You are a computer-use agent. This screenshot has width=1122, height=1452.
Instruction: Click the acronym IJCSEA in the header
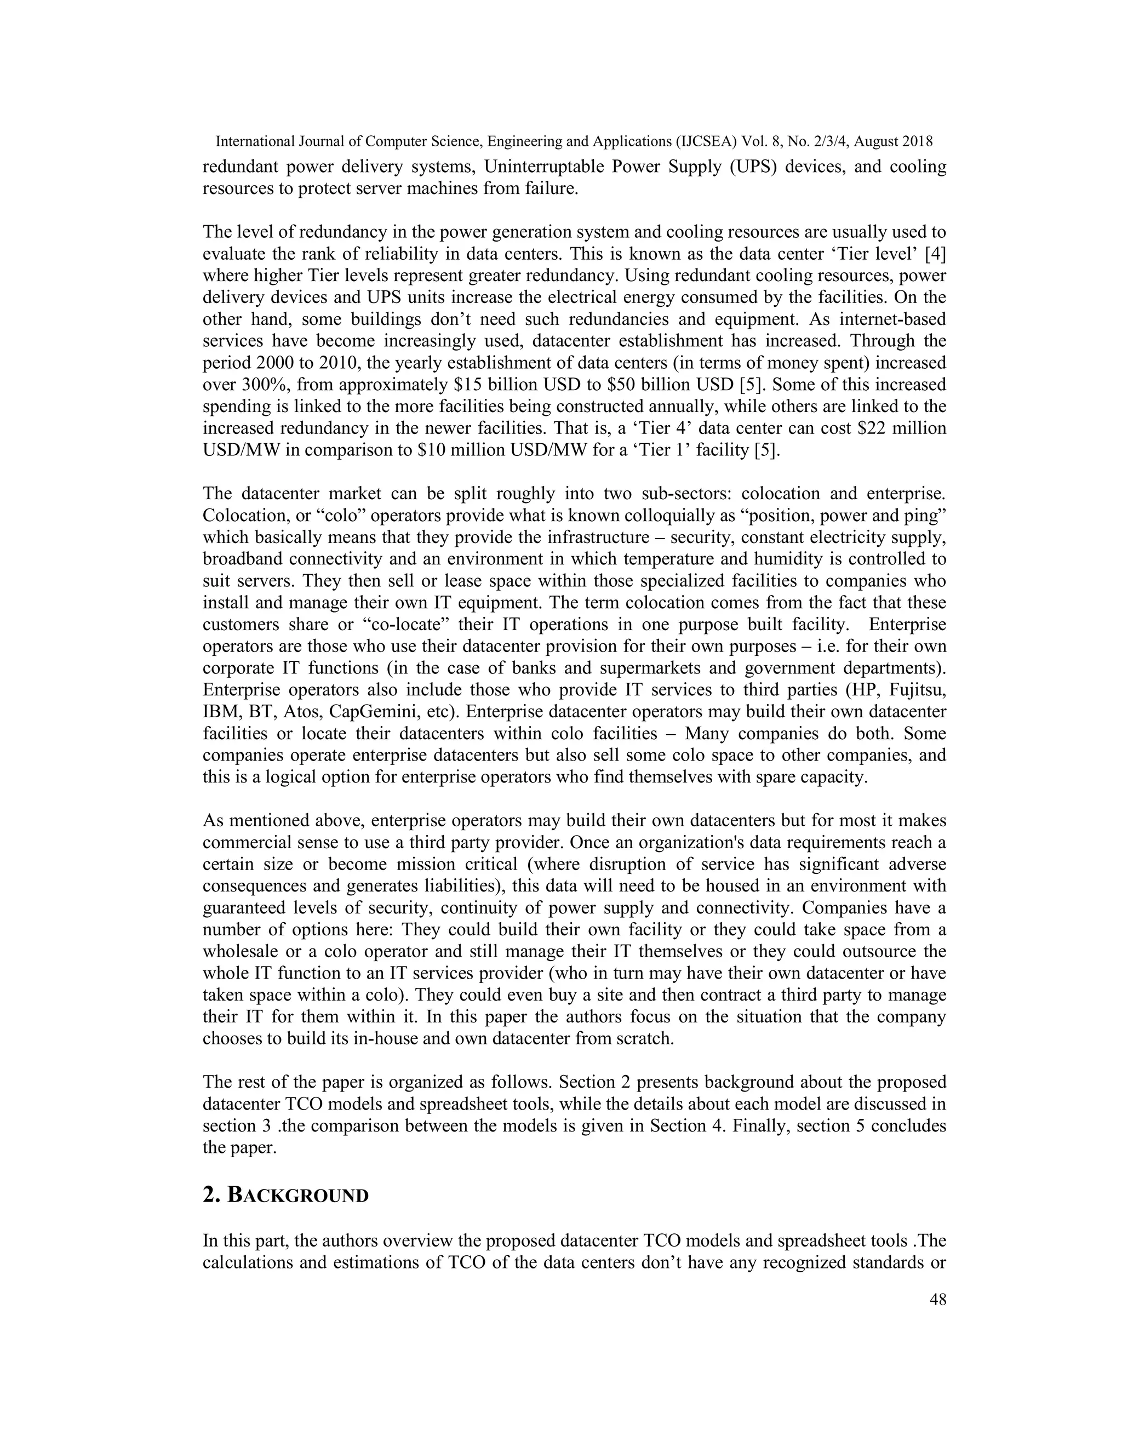click(709, 141)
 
